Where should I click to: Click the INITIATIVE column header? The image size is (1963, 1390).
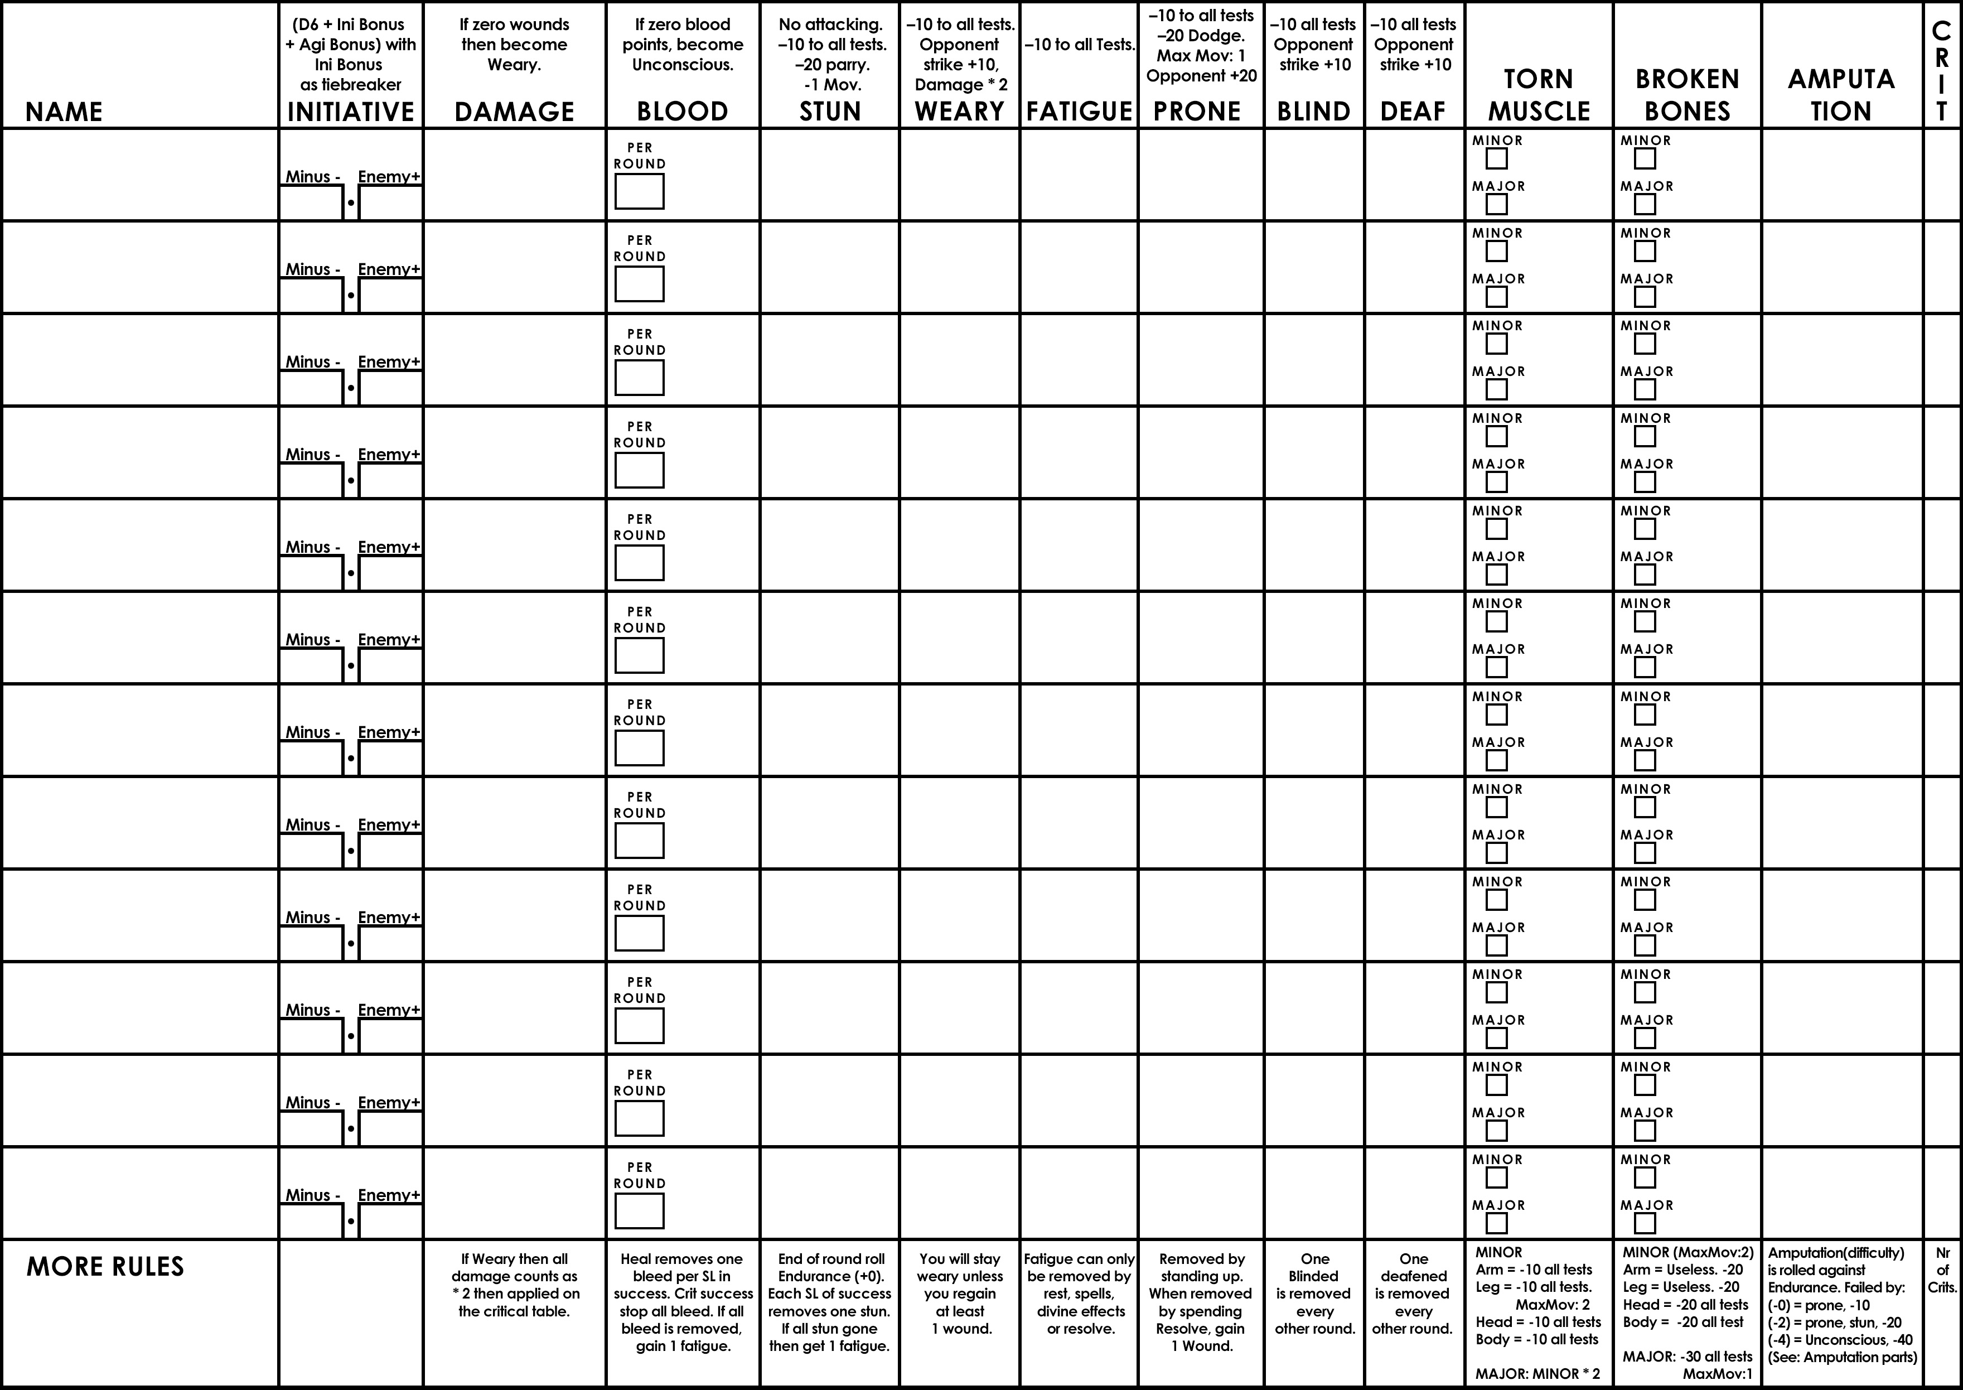(x=351, y=111)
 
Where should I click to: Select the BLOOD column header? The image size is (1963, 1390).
(x=682, y=111)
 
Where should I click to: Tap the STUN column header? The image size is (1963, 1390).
(x=829, y=111)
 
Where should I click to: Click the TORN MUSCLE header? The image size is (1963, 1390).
(x=1539, y=95)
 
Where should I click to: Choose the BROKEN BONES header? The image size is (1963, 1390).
(x=1686, y=95)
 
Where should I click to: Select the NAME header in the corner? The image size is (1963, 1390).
(x=64, y=111)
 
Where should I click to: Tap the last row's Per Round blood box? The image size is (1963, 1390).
(x=639, y=1211)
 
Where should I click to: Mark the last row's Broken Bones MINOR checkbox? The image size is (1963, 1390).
(x=1645, y=1177)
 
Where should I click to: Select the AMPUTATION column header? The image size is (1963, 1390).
(x=1841, y=95)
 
